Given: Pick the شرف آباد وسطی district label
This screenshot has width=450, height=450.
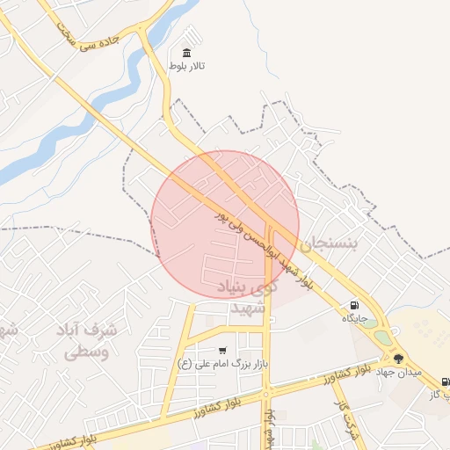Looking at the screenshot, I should [x=88, y=341].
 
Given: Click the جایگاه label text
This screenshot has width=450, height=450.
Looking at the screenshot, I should [x=354, y=318].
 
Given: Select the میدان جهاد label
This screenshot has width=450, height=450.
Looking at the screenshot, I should [x=400, y=372].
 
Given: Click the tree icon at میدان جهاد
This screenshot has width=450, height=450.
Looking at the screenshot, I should [x=398, y=359].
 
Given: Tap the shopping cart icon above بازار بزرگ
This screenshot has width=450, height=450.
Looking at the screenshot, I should [x=221, y=350].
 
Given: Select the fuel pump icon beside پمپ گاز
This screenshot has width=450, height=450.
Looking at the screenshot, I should [x=445, y=381].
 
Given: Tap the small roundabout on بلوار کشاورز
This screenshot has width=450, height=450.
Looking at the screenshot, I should [x=266, y=396].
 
